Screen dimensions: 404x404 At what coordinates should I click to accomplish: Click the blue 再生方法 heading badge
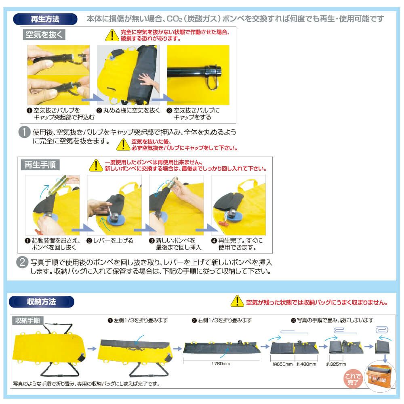[45, 19]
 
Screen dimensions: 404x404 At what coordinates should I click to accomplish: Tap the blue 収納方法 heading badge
[42, 302]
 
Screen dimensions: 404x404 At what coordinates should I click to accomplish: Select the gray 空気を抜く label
[44, 35]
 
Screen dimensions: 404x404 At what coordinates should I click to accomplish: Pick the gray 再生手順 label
[40, 165]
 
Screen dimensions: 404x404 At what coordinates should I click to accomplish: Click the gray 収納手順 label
[27, 320]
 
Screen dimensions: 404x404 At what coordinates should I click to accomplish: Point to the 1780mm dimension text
[221, 364]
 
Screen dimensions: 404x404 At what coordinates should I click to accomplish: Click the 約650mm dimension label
[283, 364]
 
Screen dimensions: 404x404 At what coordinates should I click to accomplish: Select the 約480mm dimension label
[306, 364]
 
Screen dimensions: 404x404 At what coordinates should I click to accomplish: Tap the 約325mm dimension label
[336, 364]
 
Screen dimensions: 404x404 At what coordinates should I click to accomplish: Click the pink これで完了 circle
[353, 379]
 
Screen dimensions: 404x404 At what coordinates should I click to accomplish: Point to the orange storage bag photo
[379, 377]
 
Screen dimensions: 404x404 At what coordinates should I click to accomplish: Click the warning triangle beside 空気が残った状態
[237, 301]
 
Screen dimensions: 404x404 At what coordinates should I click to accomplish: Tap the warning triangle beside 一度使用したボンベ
[96, 165]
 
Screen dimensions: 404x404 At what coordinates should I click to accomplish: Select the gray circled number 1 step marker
[25, 132]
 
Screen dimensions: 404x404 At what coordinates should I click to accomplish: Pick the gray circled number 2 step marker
[22, 262]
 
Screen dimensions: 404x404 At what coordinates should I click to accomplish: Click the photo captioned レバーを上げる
[114, 205]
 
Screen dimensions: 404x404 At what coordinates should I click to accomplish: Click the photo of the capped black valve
[198, 75]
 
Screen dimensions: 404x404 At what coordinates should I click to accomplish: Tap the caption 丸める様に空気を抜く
[128, 111]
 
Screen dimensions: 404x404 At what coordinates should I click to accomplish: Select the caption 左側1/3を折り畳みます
[138, 320]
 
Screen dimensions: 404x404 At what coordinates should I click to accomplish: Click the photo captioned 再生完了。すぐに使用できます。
[238, 205]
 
